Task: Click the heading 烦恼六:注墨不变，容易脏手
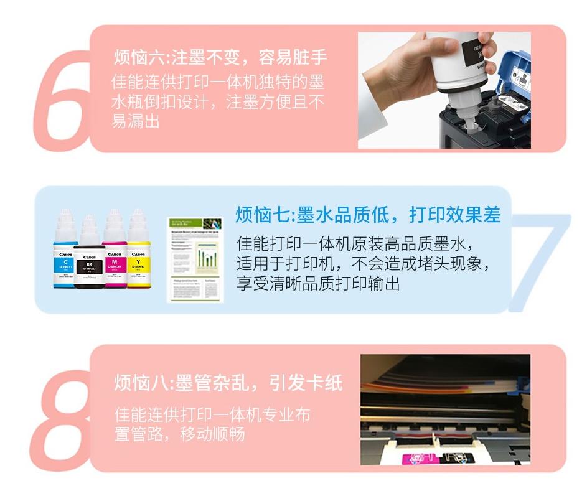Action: click(220, 58)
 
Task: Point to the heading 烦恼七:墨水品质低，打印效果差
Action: click(368, 215)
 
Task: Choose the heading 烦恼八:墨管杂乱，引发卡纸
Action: click(228, 383)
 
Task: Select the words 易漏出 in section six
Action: click(135, 121)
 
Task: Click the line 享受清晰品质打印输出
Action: click(318, 283)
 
